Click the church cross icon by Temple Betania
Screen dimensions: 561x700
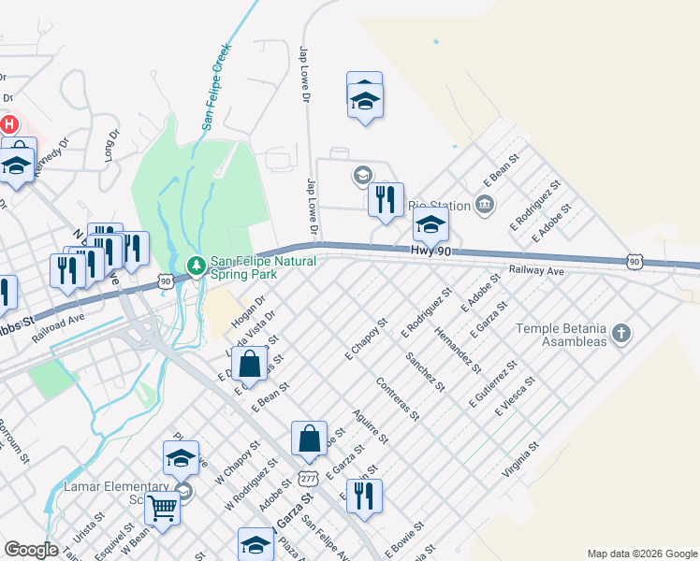(620, 333)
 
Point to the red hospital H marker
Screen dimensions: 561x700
(9, 123)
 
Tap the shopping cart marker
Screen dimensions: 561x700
(163, 509)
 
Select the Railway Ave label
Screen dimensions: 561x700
(536, 270)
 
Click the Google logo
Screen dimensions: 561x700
(31, 550)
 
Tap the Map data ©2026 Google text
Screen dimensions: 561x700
(641, 554)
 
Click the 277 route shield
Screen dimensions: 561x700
(308, 478)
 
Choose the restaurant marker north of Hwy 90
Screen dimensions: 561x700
(386, 199)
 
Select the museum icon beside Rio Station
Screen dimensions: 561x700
(484, 204)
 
